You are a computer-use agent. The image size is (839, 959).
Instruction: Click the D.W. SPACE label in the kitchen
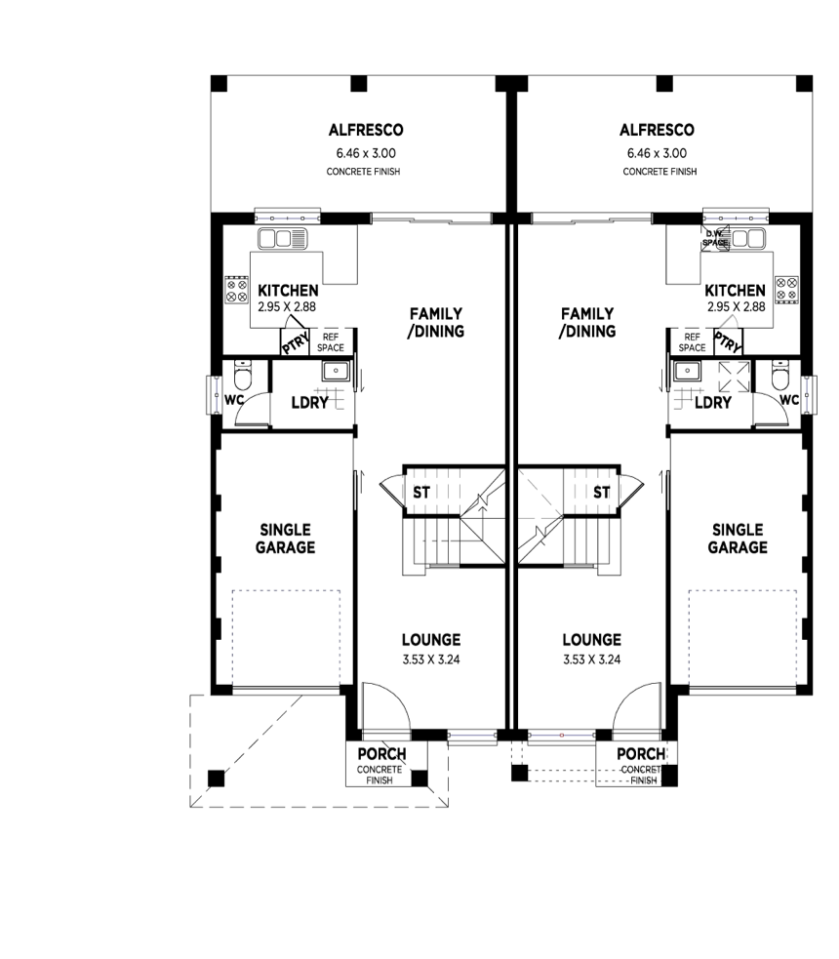[x=717, y=237]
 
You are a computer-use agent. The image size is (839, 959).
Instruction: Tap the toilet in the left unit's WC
[x=244, y=375]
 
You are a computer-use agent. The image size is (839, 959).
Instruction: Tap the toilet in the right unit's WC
[x=779, y=375]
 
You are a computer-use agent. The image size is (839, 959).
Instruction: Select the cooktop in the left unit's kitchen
[x=236, y=290]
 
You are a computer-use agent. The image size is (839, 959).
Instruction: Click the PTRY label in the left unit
[x=294, y=342]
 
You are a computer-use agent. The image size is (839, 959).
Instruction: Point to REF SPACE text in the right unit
[x=692, y=341]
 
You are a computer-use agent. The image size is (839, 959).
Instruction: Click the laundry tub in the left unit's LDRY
[x=336, y=371]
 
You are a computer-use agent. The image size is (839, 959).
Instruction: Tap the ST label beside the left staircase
[x=420, y=492]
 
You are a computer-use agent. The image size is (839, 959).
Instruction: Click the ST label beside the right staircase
[x=602, y=492]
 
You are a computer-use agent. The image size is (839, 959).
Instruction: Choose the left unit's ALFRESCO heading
[x=366, y=130]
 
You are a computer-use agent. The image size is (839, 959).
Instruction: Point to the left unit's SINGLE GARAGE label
[x=286, y=539]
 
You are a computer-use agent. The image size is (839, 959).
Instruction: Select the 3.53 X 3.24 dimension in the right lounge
[x=591, y=659]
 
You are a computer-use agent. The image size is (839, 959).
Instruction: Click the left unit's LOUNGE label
[x=431, y=640]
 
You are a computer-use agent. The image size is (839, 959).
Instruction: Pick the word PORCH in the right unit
[x=641, y=754]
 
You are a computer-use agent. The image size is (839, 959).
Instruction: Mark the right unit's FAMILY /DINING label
[x=588, y=322]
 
